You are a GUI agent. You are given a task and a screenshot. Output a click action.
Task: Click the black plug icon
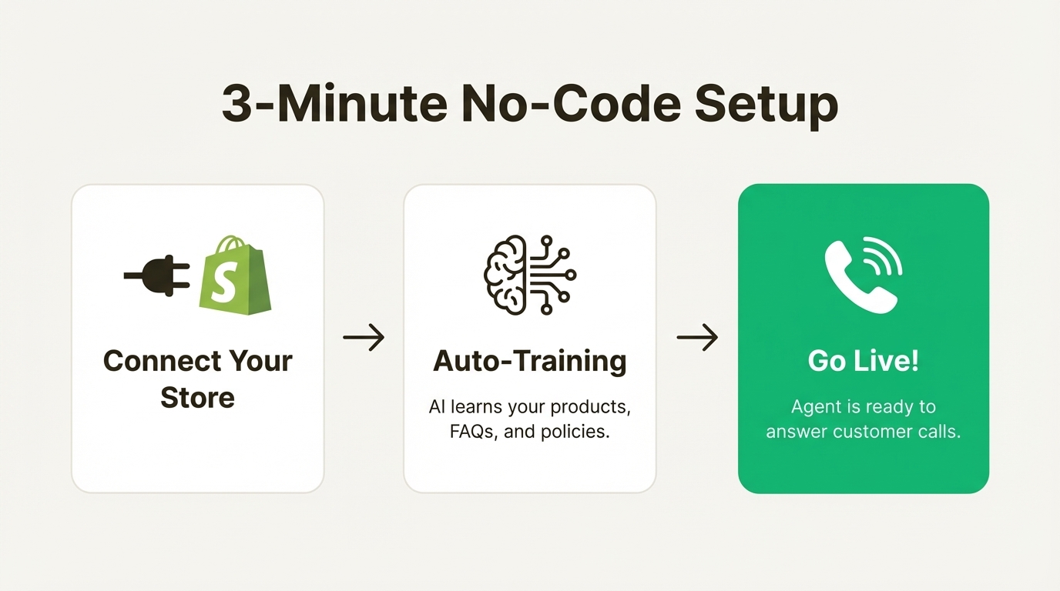click(158, 275)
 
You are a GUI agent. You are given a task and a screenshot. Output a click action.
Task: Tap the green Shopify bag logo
click(234, 275)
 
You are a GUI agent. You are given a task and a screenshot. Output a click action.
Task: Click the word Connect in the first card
click(155, 361)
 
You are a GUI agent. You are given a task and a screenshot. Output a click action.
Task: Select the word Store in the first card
click(197, 398)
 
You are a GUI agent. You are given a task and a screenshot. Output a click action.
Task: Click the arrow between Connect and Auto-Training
click(364, 337)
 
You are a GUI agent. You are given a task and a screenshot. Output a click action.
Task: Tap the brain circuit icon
click(530, 274)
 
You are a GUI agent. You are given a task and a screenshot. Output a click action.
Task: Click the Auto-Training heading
click(530, 361)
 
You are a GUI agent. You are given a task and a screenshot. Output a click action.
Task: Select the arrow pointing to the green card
click(697, 337)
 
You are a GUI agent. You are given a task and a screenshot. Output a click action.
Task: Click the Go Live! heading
click(863, 361)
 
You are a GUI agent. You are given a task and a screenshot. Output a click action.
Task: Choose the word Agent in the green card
click(815, 406)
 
